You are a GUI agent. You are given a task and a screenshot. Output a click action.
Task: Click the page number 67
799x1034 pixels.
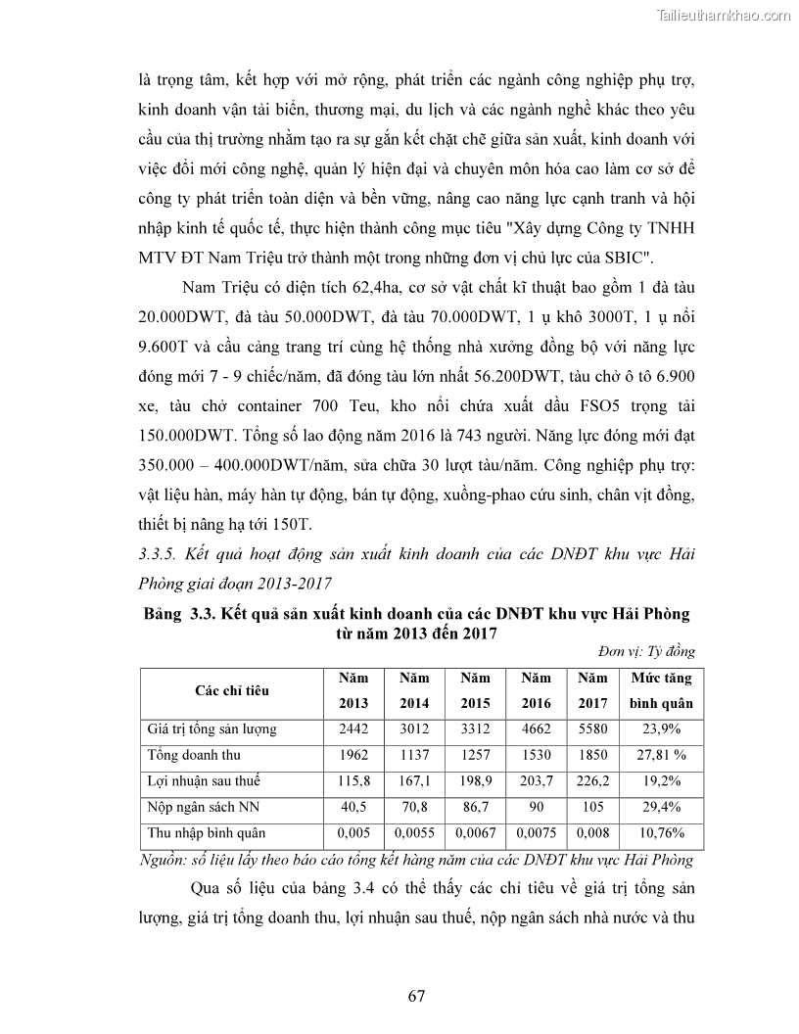tap(416, 996)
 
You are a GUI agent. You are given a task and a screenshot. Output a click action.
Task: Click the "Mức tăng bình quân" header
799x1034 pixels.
tap(660, 690)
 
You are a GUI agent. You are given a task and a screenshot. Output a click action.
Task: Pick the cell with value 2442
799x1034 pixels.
tap(353, 728)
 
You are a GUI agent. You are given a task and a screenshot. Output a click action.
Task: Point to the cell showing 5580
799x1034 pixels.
tap(592, 728)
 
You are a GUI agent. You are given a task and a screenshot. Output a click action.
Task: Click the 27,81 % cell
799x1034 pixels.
tap(660, 755)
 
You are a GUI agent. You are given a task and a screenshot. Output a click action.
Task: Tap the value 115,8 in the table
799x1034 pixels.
tap(353, 781)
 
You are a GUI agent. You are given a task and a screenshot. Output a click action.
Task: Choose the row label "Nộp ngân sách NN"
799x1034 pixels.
tap(200, 808)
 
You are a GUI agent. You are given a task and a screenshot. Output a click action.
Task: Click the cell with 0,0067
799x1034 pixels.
tap(476, 834)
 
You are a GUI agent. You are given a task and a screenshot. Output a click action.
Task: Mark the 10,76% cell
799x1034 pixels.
tap(660, 834)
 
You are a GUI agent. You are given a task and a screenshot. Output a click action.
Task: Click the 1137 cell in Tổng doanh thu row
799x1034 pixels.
tap(414, 755)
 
